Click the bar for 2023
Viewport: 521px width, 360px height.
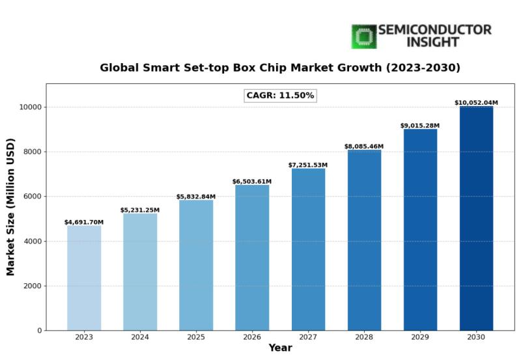[x=84, y=278]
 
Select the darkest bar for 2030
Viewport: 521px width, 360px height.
[x=476, y=218]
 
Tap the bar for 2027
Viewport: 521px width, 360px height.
[x=308, y=249]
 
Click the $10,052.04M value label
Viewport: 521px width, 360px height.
[x=476, y=103]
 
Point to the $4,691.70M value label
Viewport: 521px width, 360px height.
[x=84, y=223]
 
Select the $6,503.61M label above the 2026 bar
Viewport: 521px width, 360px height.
[x=252, y=182]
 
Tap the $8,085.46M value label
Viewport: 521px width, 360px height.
[x=364, y=146]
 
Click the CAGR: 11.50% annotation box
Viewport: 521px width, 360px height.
[x=280, y=96]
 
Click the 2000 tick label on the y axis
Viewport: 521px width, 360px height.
[x=31, y=286]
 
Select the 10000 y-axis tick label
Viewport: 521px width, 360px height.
[x=29, y=107]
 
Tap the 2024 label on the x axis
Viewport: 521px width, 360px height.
[x=140, y=337]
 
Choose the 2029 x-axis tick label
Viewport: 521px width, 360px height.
[x=420, y=337]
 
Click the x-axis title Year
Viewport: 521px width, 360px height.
[x=280, y=349]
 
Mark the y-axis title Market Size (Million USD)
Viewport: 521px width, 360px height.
[x=11, y=207]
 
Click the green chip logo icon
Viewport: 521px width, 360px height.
[x=364, y=36]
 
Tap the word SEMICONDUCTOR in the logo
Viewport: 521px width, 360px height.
[x=434, y=30]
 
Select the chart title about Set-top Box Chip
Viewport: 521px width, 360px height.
[x=280, y=68]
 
